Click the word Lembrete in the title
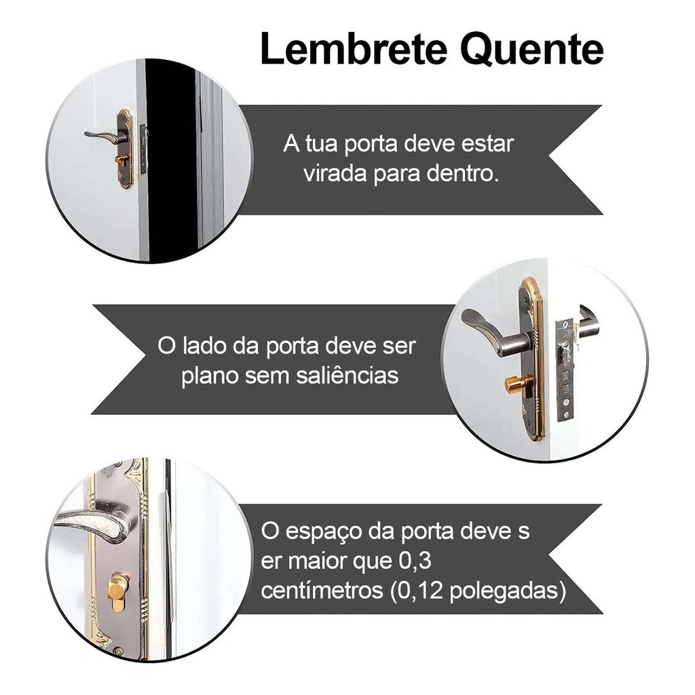(353, 48)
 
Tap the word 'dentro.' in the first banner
(462, 173)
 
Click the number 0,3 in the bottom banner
(415, 561)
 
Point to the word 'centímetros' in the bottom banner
(322, 590)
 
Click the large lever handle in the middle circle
(492, 331)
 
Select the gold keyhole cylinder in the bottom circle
(118, 590)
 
